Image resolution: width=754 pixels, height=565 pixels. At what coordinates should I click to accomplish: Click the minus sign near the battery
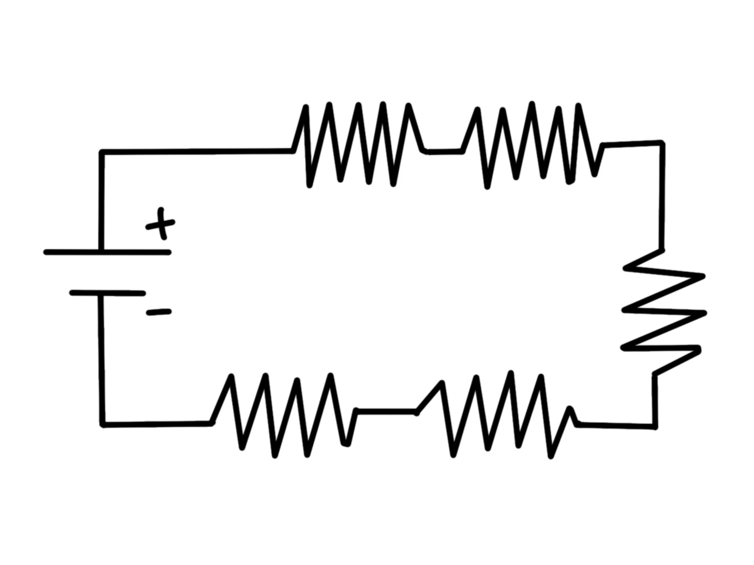pos(159,312)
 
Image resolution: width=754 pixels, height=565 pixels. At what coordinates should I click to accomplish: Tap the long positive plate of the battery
pos(108,252)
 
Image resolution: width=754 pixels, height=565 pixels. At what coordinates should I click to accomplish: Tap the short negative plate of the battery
pos(107,293)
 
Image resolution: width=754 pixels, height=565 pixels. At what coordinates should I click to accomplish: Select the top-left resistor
pos(358,145)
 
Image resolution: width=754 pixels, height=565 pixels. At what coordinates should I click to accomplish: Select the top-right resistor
pos(532,145)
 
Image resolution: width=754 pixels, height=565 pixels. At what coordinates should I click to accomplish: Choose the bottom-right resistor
pos(498,414)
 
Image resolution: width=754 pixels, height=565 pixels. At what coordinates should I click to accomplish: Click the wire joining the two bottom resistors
pos(386,411)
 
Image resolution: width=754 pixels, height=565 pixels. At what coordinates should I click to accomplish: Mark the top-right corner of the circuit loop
pos(662,143)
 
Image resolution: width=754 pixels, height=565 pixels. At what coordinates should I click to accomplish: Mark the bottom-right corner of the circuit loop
pos(655,426)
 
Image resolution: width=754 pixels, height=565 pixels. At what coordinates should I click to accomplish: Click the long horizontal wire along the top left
pos(196,151)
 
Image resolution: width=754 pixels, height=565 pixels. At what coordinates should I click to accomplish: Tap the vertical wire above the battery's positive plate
pos(101,200)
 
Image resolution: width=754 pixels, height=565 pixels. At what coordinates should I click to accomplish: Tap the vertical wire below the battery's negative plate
pos(102,358)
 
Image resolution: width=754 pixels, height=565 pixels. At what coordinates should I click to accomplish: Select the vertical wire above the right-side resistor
pos(662,196)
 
